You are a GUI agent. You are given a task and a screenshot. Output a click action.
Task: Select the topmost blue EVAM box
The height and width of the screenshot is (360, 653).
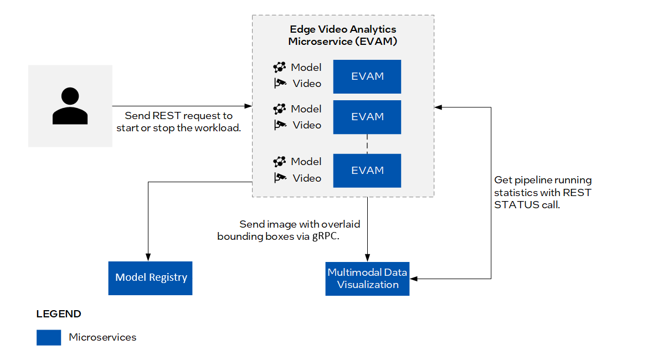367,76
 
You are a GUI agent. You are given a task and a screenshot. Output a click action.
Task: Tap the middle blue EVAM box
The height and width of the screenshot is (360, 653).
367,117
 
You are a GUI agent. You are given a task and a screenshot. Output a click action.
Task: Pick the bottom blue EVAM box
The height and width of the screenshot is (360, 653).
367,170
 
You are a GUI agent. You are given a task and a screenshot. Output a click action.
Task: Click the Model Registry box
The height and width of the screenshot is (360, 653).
151,277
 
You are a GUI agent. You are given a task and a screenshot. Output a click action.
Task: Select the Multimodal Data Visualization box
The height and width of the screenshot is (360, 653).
367,279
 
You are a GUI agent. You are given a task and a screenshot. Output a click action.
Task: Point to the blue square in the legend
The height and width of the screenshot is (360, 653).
49,337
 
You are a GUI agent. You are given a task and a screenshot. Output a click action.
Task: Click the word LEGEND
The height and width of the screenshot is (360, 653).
59,314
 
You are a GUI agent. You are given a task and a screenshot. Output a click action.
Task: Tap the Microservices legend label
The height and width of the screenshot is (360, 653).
102,337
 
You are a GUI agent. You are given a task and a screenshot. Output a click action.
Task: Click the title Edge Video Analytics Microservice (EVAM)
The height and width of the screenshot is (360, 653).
343,35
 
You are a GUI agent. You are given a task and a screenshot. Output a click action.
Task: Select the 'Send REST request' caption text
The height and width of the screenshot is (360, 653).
178,122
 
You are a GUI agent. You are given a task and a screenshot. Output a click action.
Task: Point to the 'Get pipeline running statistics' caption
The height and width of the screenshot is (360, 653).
543,192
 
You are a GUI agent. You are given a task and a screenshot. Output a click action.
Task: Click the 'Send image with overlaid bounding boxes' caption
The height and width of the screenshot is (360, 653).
289,230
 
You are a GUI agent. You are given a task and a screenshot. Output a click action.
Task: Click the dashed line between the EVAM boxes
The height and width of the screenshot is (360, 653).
367,143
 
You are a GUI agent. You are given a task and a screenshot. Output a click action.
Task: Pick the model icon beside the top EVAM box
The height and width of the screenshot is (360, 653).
280,68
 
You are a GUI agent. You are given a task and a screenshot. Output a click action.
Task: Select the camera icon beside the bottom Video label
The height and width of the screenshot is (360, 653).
280,178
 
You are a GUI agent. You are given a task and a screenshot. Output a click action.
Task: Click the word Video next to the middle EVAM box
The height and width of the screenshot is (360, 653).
307,125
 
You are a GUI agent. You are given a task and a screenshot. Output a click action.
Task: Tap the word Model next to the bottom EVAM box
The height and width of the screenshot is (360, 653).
306,162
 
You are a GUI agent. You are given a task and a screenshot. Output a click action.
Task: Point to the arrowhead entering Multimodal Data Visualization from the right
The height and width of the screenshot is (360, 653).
413,279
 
